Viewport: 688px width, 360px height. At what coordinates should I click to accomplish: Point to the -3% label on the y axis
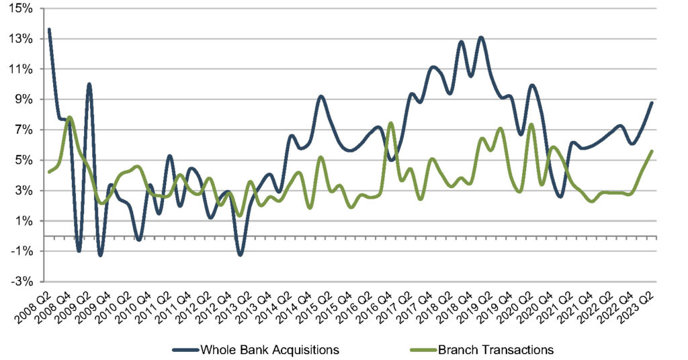coord(24,281)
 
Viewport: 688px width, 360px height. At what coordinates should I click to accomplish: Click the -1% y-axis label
coord(24,251)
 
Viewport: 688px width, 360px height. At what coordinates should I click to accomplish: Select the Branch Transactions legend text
coord(495,349)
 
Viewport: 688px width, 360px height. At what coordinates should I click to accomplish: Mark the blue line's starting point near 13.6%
coord(49,30)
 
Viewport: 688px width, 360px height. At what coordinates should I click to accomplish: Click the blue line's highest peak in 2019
coord(481,38)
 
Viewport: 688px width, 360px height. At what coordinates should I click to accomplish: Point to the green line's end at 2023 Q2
coord(652,151)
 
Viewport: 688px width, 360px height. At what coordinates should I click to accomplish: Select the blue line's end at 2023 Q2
coord(652,103)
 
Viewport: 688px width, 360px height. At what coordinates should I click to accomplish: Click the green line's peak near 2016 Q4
coord(390,123)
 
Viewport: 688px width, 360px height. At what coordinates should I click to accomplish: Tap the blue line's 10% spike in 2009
coord(89,84)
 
